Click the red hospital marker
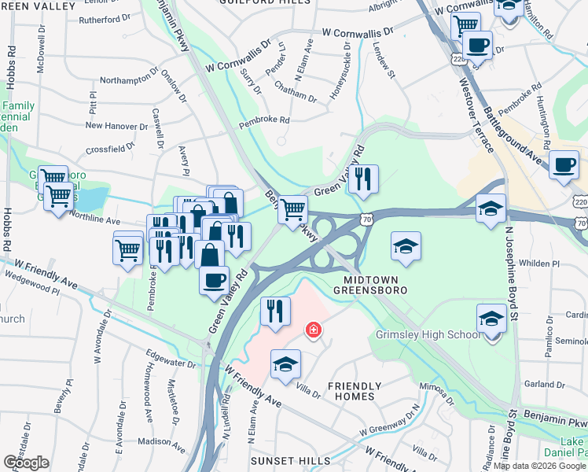click(x=313, y=330)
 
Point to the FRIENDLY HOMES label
click(x=355, y=393)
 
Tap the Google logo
click(x=26, y=463)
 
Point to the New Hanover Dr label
click(x=116, y=125)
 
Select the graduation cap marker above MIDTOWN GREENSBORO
click(x=406, y=245)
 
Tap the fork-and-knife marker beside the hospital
click(x=275, y=312)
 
